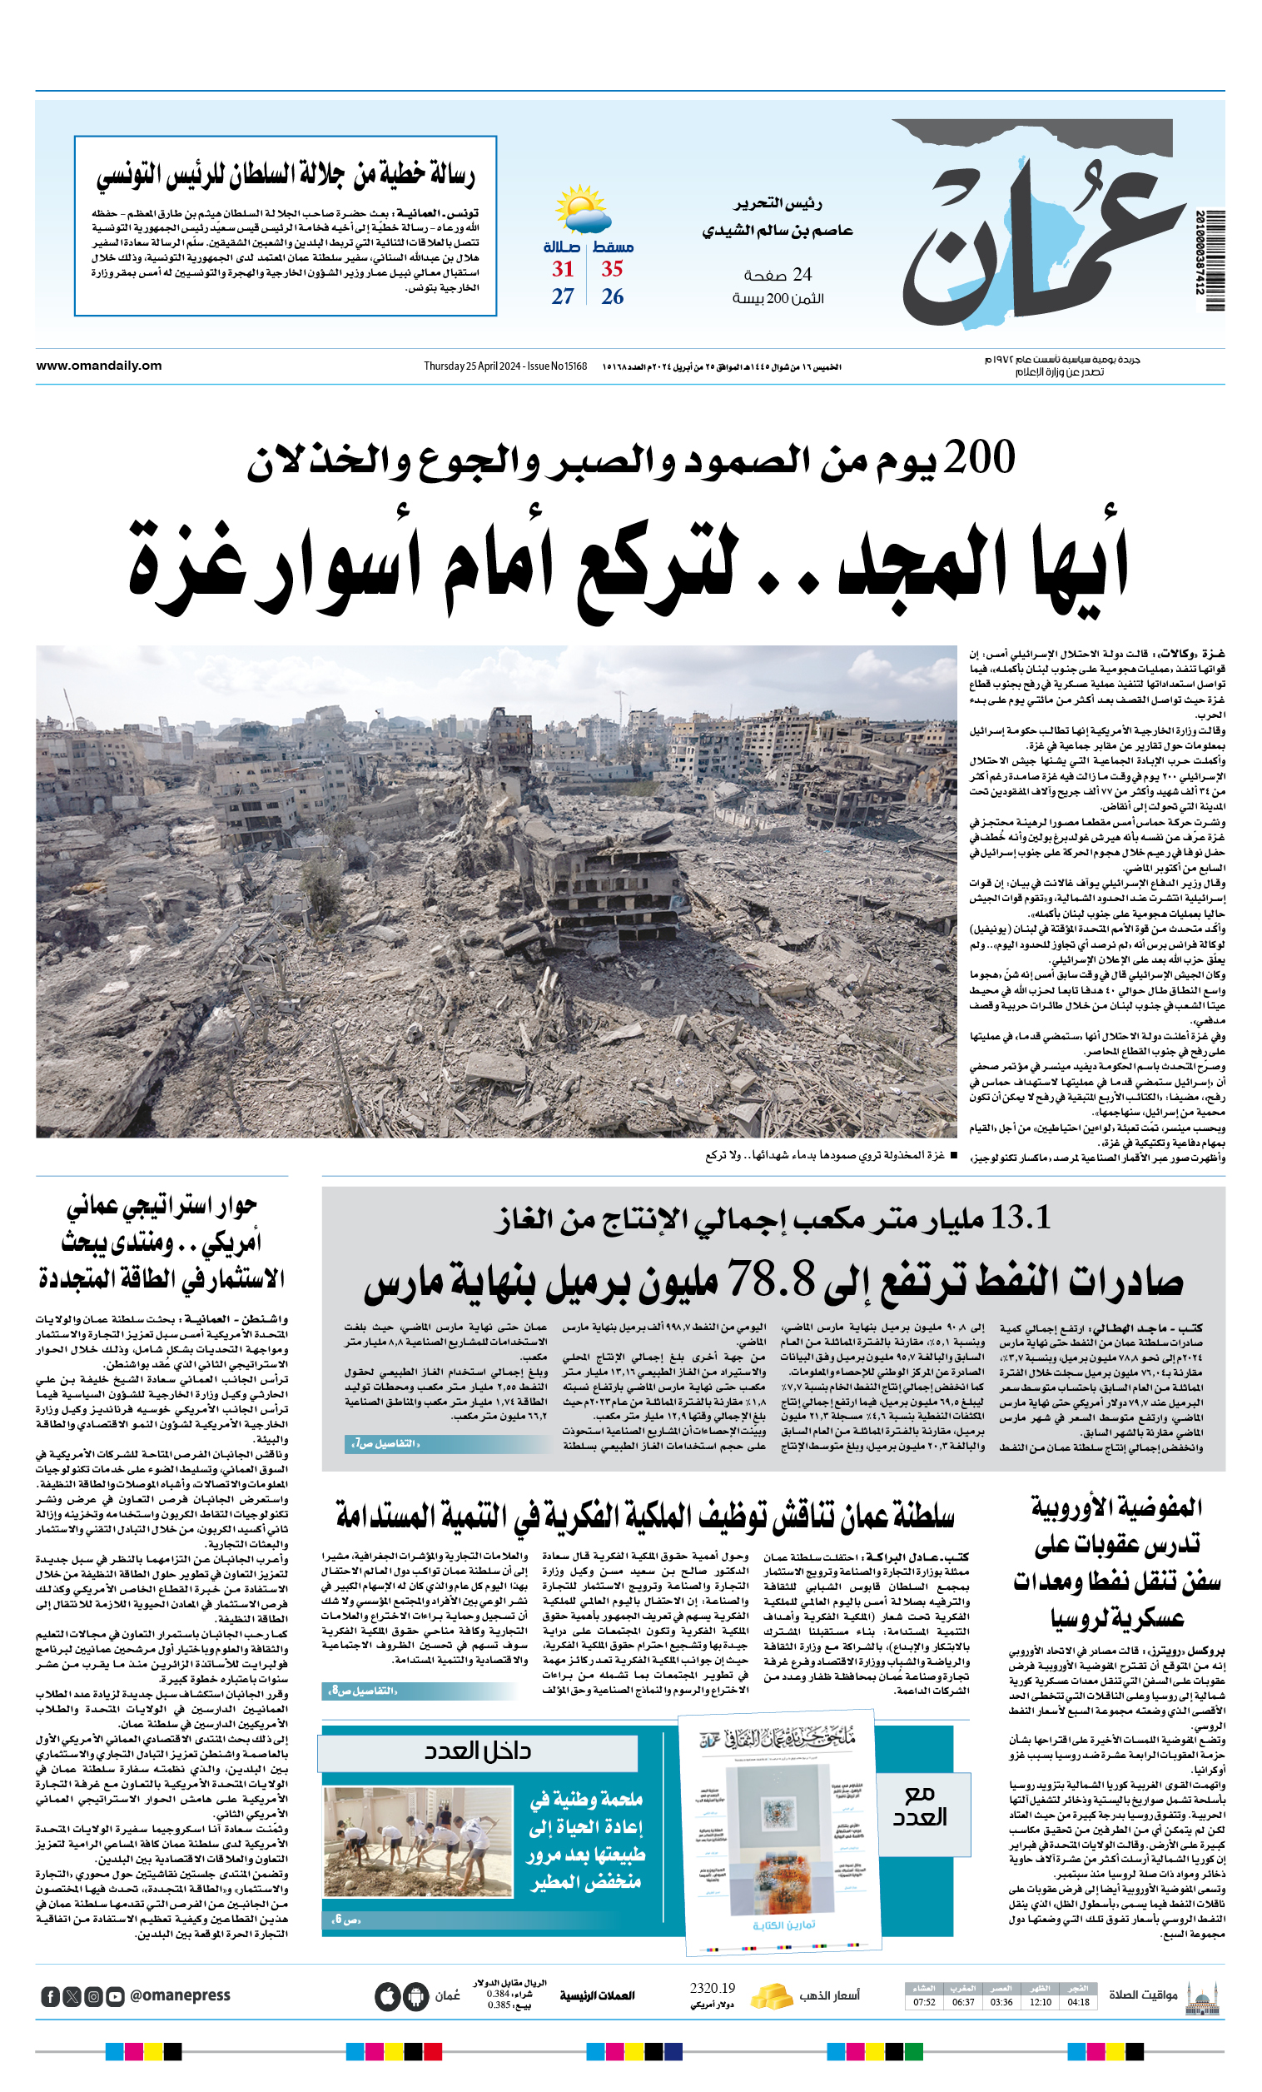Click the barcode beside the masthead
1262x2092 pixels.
(x=1215, y=260)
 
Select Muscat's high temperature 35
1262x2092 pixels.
(x=612, y=269)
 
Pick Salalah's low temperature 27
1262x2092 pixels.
(x=563, y=296)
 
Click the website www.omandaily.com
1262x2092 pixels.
(x=99, y=366)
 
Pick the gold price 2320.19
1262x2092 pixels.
(x=712, y=1989)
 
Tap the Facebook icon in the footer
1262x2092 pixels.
(x=50, y=1996)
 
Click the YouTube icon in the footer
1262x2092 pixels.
(x=116, y=1996)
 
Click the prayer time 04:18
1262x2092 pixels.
(x=1078, y=2002)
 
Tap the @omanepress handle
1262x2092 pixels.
(x=180, y=1995)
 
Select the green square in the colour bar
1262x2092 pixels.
(x=913, y=2051)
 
